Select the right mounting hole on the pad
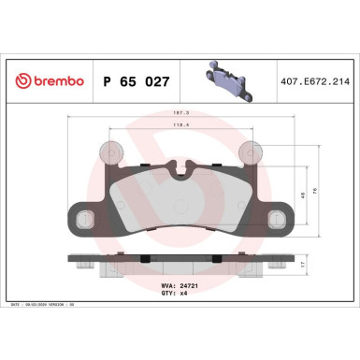coord(277,219)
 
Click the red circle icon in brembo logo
coord(22,82)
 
